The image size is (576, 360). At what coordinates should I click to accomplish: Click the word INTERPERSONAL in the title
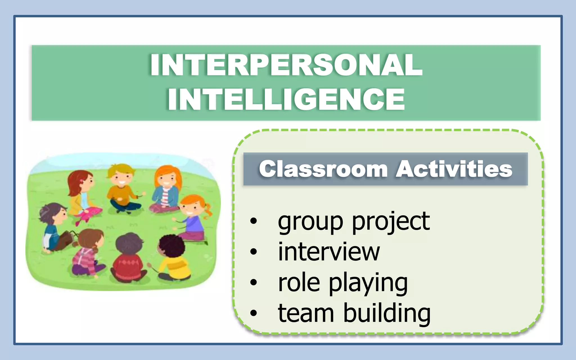(x=286, y=65)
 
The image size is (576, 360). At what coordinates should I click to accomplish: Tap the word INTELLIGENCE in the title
(x=286, y=99)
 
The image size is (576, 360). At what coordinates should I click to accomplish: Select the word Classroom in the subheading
(x=323, y=169)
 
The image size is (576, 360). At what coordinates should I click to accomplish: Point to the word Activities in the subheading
(x=454, y=169)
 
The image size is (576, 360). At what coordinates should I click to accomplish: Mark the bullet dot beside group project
(x=253, y=221)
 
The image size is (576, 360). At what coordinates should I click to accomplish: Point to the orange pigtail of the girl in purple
(x=208, y=211)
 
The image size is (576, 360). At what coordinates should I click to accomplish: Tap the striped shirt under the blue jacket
(x=165, y=195)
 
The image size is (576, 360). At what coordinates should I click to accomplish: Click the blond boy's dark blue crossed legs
(x=125, y=206)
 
